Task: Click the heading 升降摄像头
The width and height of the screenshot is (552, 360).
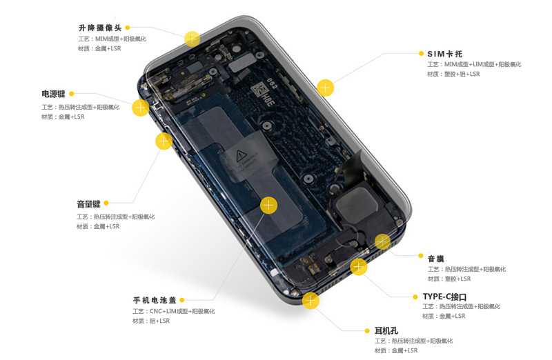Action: click(x=100, y=28)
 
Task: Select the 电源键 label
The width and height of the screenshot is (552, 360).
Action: click(x=54, y=94)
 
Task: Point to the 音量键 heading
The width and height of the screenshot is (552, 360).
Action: click(x=89, y=203)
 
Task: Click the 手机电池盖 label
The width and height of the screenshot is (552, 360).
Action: click(x=155, y=300)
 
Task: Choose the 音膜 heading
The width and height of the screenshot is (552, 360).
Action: click(x=436, y=259)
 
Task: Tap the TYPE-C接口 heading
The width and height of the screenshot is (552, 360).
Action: click(x=444, y=297)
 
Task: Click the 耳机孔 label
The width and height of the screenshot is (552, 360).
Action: click(x=386, y=331)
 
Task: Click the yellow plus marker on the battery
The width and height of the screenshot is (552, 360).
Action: click(x=268, y=205)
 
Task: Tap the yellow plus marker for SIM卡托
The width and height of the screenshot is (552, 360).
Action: click(x=325, y=88)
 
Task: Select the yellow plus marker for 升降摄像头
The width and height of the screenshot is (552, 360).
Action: click(x=193, y=39)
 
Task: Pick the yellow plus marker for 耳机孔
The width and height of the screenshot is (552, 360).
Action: click(x=310, y=301)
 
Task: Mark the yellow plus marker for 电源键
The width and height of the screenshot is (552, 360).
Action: click(x=141, y=108)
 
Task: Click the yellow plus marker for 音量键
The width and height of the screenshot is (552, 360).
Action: click(x=164, y=141)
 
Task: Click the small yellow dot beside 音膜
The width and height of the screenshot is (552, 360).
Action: click(x=421, y=255)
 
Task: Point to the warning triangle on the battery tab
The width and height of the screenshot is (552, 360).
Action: click(x=241, y=155)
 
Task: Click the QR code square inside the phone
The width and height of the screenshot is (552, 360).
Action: click(x=259, y=89)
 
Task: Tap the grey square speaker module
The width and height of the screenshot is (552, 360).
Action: click(x=355, y=204)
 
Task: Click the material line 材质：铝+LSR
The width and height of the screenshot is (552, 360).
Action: click(x=151, y=321)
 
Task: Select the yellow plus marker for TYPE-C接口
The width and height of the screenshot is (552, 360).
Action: click(x=359, y=267)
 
